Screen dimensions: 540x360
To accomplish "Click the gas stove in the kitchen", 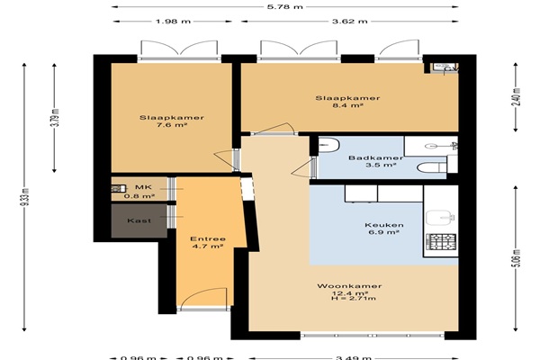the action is pyautogui.click(x=441, y=242).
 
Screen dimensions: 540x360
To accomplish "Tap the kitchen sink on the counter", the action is pyautogui.click(x=441, y=218).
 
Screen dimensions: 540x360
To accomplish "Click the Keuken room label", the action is pyautogui.click(x=384, y=225).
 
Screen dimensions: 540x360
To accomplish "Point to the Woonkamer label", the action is pyautogui.click(x=349, y=286).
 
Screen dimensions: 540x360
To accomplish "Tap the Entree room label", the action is pyautogui.click(x=208, y=238).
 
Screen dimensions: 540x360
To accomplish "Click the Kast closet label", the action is pyautogui.click(x=139, y=220).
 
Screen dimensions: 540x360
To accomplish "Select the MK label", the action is pyautogui.click(x=143, y=187).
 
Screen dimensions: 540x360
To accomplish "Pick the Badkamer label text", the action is pyautogui.click(x=375, y=158).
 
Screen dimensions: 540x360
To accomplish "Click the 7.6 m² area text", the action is pyautogui.click(x=172, y=125).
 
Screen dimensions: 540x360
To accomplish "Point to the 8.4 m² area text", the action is pyautogui.click(x=347, y=105).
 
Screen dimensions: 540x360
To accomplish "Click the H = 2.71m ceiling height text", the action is pyautogui.click(x=354, y=298).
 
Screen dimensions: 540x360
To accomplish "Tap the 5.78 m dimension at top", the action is pyautogui.click(x=285, y=6).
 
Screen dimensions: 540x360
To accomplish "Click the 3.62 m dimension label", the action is pyautogui.click(x=349, y=22).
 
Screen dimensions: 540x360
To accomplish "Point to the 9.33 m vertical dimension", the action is pyautogui.click(x=26, y=197).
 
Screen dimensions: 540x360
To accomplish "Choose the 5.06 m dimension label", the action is pyautogui.click(x=517, y=257).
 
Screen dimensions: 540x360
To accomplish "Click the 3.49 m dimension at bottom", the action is pyautogui.click(x=354, y=357).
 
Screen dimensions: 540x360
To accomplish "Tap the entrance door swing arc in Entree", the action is pyautogui.click(x=203, y=295).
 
